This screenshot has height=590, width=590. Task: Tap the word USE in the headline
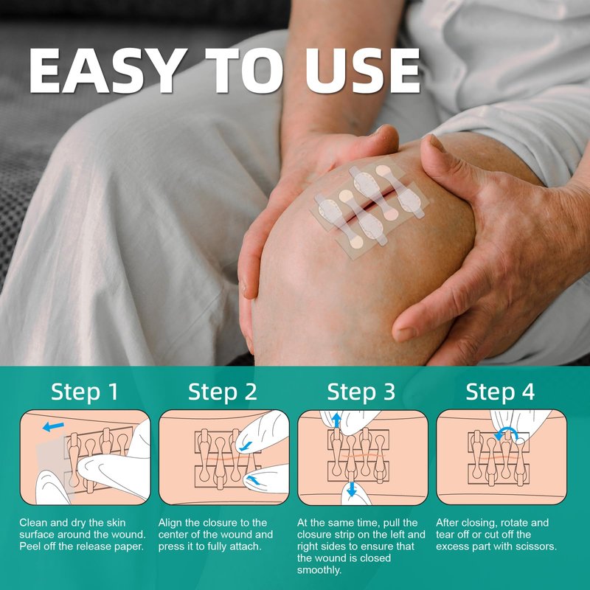(x=362, y=71)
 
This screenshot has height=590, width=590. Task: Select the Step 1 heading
(x=85, y=392)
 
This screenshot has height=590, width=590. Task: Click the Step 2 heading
(x=223, y=392)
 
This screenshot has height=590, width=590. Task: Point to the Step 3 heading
(x=361, y=392)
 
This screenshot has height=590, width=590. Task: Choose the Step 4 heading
(x=500, y=392)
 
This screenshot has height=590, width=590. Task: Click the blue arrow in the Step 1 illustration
(x=53, y=427)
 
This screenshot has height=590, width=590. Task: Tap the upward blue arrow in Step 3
(x=336, y=420)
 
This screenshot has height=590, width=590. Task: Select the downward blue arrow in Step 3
(x=352, y=489)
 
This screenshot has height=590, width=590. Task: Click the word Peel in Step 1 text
(x=30, y=546)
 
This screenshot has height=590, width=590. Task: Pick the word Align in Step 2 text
(x=170, y=523)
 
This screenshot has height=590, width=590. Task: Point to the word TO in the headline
(x=246, y=71)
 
